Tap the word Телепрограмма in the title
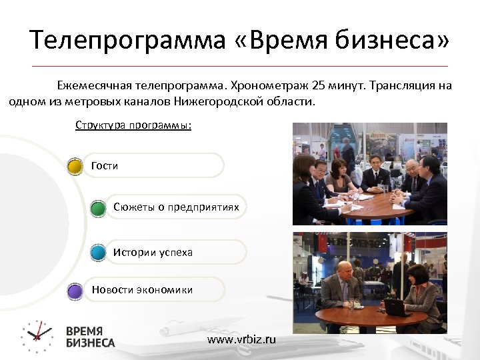click(126, 41)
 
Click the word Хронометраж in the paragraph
click(273, 86)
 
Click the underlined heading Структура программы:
click(133, 125)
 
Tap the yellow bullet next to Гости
click(76, 165)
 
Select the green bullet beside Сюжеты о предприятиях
click(98, 207)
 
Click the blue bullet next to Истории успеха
click(98, 253)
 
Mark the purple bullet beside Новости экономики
click(76, 290)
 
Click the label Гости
click(105, 165)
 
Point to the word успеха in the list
click(175, 253)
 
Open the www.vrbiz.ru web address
click(241, 339)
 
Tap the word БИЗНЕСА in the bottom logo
click(90, 343)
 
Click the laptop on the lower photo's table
click(395, 307)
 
